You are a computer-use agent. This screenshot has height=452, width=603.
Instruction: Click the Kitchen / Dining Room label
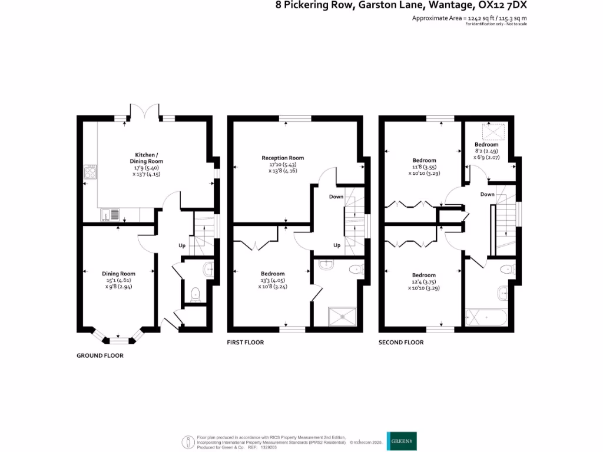[146, 158]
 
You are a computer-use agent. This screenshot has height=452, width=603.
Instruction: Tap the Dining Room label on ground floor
[119, 274]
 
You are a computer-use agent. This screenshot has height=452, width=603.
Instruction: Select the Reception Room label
[283, 158]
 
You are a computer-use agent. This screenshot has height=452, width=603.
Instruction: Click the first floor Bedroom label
[273, 274]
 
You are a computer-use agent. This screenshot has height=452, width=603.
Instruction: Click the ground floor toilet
[196, 293]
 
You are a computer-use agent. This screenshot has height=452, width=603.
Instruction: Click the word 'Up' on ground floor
[182, 245]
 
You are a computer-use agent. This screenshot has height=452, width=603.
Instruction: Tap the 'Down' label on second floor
[487, 194]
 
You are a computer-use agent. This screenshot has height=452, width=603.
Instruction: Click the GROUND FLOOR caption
[100, 355]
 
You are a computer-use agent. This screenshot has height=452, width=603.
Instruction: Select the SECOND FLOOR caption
[400, 343]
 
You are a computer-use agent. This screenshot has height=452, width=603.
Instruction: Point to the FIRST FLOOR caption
[246, 343]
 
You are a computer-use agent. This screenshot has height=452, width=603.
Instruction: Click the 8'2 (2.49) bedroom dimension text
[486, 151]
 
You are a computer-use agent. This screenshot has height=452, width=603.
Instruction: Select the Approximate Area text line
[469, 18]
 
